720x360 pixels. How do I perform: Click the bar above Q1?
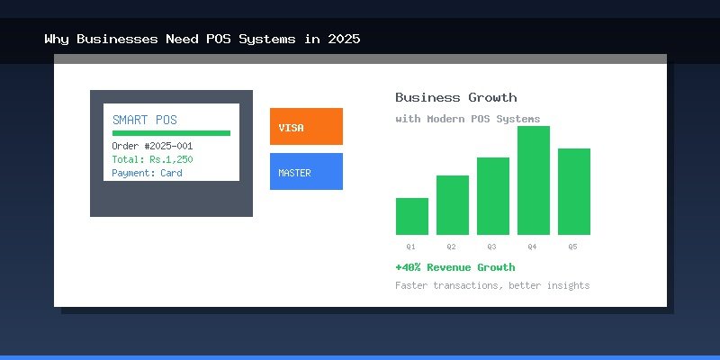point(412,216)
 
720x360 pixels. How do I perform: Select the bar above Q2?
point(453,205)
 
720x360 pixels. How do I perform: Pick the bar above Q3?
point(493,196)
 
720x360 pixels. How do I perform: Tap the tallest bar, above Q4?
point(534,180)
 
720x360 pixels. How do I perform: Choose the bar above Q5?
point(574,192)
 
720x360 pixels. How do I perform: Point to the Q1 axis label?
point(410,246)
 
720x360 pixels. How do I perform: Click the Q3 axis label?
point(491,246)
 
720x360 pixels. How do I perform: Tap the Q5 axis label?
point(572,246)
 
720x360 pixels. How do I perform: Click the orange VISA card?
point(306,127)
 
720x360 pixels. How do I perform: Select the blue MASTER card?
point(306,172)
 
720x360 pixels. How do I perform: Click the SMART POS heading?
point(145,120)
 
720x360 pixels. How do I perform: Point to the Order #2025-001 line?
point(152,146)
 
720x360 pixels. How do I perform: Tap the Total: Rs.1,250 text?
point(152,159)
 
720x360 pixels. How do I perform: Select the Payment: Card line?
point(147,173)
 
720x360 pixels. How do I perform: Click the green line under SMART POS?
point(171,133)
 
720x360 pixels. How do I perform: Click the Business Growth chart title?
point(456,97)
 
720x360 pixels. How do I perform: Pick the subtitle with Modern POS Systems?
point(468,119)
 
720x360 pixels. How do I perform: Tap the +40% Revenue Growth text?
point(455,267)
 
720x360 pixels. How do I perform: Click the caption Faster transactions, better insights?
point(492,285)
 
